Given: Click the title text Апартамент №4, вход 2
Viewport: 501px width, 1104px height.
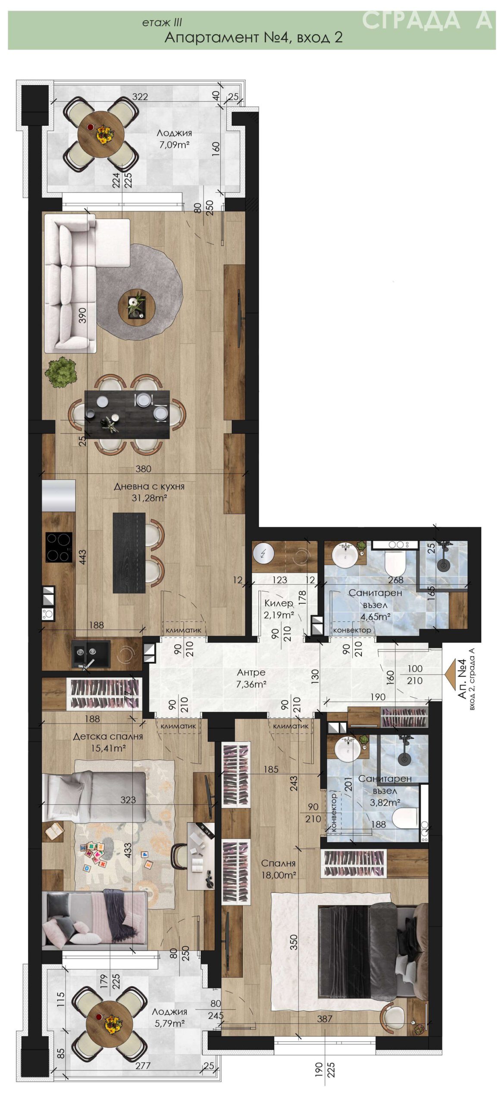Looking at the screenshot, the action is pos(254,38).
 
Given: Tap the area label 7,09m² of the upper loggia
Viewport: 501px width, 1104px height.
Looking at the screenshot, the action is pos(175,145).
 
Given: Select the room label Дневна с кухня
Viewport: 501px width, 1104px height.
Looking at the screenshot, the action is pos(149,486).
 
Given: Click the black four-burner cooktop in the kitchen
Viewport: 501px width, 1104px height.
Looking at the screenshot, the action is pos(59,547).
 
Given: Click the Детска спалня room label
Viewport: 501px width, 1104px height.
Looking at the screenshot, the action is pos(108,736).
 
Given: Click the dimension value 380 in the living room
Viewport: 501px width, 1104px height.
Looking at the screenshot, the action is pos(143,469).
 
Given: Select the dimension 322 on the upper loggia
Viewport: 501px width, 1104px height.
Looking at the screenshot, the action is pos(140,97).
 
